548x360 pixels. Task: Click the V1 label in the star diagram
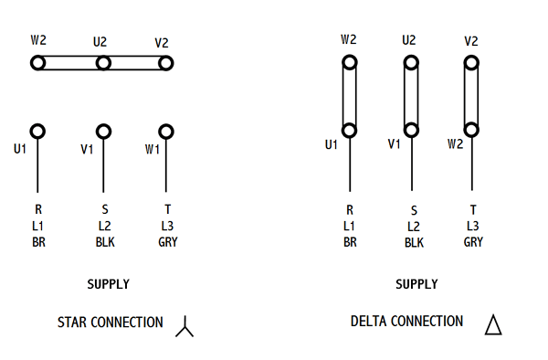pos(87,150)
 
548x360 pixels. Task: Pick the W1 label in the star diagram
pos(152,150)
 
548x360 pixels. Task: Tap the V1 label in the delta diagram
pos(394,143)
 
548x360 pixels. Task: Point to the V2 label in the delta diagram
pos(470,41)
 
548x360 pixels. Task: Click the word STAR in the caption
pos(71,323)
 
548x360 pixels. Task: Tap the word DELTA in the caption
pos(367,322)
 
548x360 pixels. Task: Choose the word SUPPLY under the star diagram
pos(109,284)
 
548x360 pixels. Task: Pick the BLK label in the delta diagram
pos(414,242)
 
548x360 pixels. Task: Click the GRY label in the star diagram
pos(168,242)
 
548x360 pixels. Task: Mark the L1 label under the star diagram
pos(37,226)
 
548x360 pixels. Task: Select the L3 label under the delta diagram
pos(473,226)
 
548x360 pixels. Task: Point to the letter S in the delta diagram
pos(414,210)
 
